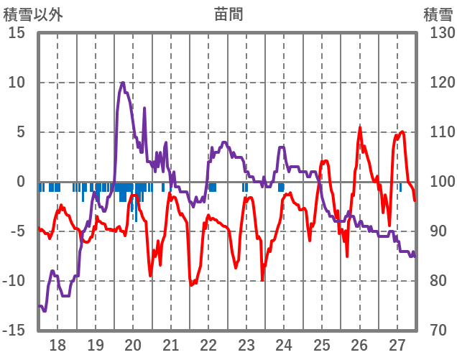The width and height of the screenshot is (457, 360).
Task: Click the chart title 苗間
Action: (228, 14)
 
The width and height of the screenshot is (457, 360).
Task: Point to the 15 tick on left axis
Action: (17, 33)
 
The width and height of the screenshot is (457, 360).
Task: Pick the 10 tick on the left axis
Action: (17, 83)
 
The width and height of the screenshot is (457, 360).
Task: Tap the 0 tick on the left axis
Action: (21, 182)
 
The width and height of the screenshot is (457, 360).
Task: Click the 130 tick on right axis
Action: (438, 33)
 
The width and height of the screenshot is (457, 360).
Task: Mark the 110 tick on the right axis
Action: (438, 132)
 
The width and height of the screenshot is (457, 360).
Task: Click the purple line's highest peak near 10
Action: (123, 83)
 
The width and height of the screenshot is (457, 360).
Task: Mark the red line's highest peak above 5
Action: (360, 129)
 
